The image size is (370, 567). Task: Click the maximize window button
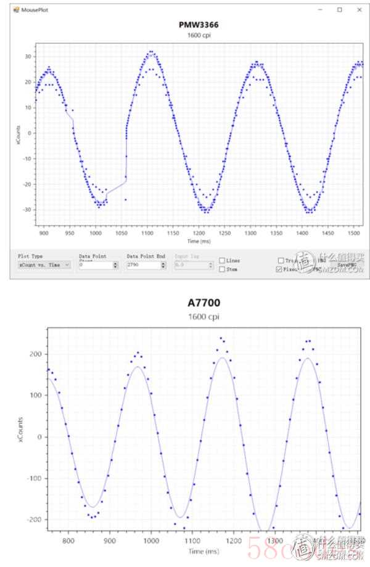(340, 9)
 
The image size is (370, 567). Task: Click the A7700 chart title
(203, 303)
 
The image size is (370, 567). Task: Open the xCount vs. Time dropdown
(44, 264)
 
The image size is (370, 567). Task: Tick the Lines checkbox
(222, 261)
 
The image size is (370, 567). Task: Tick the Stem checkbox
(222, 269)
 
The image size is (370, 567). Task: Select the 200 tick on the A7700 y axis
(34, 354)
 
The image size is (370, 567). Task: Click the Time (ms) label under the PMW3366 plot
(198, 242)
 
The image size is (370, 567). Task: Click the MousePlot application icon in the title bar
(17, 9)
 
